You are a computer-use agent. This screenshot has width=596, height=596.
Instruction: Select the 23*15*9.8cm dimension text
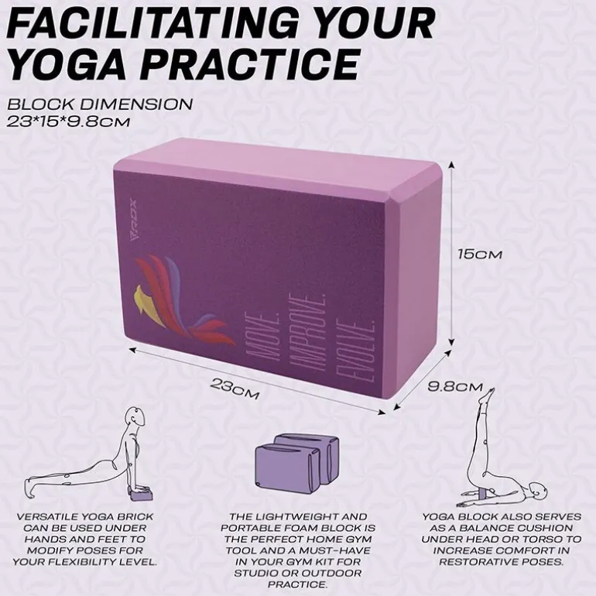click(x=69, y=122)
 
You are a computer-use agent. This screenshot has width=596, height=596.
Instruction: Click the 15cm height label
click(x=480, y=255)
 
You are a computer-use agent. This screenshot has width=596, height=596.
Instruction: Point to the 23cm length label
click(x=235, y=389)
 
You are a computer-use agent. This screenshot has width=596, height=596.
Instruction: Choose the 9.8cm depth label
click(x=454, y=387)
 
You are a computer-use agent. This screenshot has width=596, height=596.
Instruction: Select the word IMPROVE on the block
click(x=307, y=334)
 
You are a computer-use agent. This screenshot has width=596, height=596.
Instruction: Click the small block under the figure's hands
click(x=142, y=495)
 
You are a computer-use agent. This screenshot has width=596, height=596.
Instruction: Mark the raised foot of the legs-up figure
click(x=488, y=396)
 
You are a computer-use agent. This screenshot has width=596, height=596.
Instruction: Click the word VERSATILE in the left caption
click(x=47, y=517)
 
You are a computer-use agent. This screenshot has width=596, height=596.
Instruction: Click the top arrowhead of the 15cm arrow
click(x=451, y=164)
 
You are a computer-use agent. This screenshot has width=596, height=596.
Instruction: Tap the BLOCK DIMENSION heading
click(x=100, y=104)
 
